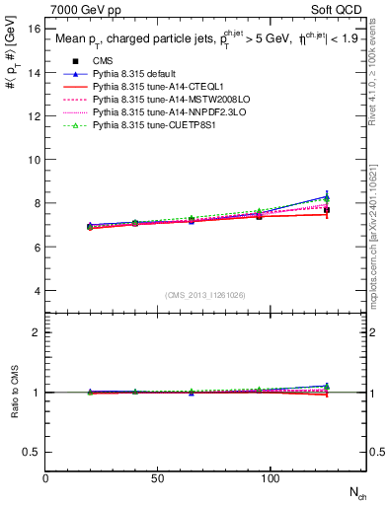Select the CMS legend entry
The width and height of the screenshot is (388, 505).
pyautogui.click(x=102, y=61)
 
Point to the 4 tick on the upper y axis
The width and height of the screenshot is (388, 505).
pyautogui.click(x=37, y=291)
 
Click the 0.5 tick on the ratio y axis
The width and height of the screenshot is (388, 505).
pyautogui.click(x=33, y=452)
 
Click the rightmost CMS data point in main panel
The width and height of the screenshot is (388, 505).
pyautogui.click(x=327, y=210)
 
